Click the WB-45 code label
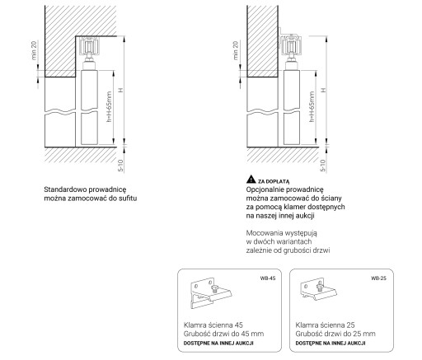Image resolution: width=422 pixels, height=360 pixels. tap(268, 278)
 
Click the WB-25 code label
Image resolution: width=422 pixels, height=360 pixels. tap(378, 278)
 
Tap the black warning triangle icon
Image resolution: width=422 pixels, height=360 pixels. tap(251, 180)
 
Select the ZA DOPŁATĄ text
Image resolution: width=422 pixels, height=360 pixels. tap(274, 181)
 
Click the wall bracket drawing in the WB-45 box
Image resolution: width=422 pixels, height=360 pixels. tap(211, 293)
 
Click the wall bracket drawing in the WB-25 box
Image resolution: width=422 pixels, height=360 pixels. tap(318, 289)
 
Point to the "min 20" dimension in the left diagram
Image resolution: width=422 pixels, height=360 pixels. tap(34, 50)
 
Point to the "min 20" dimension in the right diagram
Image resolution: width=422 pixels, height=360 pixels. tap(236, 50)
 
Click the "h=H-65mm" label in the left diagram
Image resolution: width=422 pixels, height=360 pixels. tap(109, 107)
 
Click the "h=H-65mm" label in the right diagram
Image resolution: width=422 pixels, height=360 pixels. tap(312, 107)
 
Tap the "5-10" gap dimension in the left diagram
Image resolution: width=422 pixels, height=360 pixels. tap(120, 166)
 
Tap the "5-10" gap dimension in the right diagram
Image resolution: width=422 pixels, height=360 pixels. tap(323, 166)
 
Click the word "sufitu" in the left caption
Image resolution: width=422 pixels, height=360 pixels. tap(128, 199)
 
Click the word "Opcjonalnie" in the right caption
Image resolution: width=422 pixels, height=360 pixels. tap(265, 189)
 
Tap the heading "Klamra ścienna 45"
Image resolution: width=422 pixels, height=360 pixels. tap(213, 325)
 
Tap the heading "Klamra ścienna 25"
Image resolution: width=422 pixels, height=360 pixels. tap(325, 325)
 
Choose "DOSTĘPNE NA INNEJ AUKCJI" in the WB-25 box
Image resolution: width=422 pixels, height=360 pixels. tap(331, 344)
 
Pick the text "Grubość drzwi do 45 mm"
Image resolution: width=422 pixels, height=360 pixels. tap(223, 334)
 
